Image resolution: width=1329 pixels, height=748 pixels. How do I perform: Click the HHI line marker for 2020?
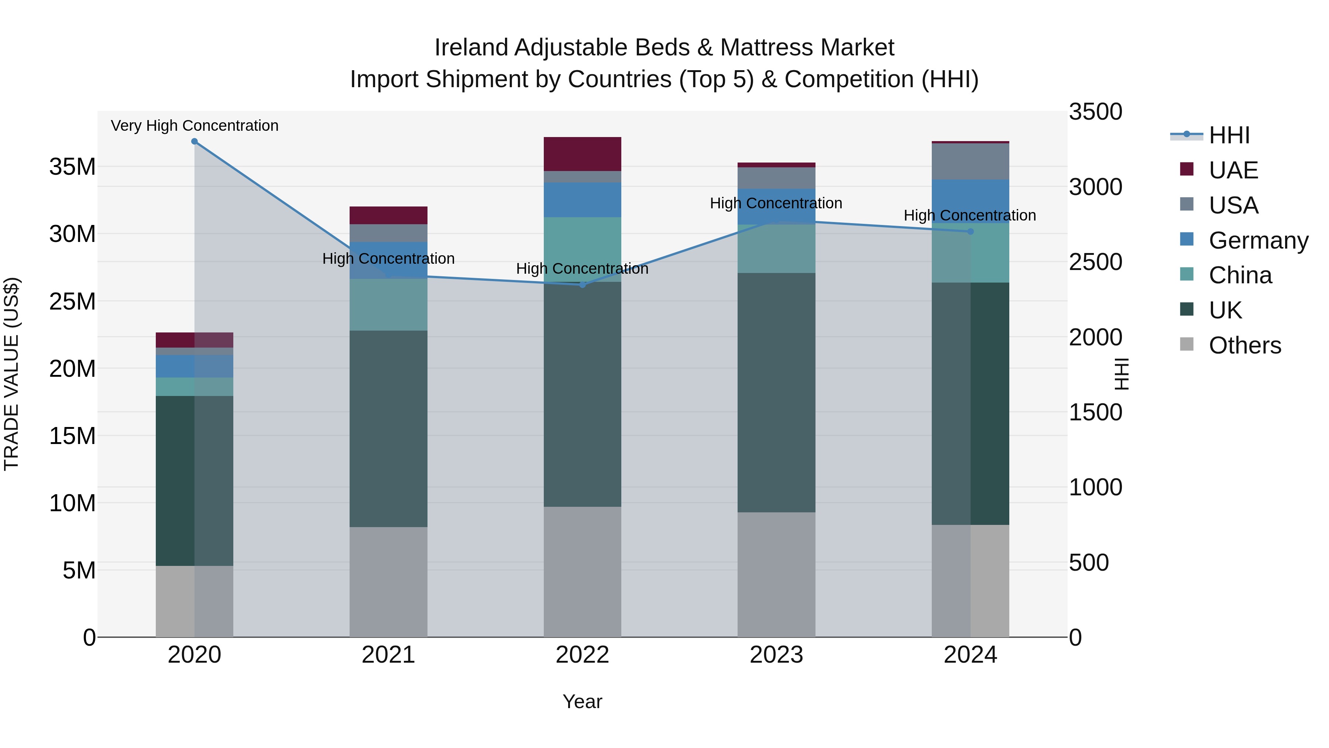pyautogui.click(x=195, y=141)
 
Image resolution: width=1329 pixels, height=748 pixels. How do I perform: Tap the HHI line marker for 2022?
pyautogui.click(x=583, y=285)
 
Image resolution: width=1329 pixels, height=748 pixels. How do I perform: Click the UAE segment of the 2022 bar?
pyautogui.click(x=583, y=154)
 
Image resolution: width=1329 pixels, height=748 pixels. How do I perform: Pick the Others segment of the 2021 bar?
pyautogui.click(x=388, y=582)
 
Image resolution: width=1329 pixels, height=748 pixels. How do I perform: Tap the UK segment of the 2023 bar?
pyautogui.click(x=776, y=392)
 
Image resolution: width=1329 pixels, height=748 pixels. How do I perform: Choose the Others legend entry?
pyautogui.click(x=1244, y=345)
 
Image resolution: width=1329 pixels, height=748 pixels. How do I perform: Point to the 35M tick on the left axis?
pyautogui.click(x=72, y=167)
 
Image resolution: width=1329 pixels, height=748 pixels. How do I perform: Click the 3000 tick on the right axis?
pyautogui.click(x=1095, y=187)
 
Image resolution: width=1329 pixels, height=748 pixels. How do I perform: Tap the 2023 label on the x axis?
pyautogui.click(x=776, y=655)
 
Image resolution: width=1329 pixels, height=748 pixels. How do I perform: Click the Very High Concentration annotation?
pyautogui.click(x=195, y=126)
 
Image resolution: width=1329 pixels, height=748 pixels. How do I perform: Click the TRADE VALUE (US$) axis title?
pyautogui.click(x=11, y=374)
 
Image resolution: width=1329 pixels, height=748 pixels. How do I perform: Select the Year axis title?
pyautogui.click(x=583, y=701)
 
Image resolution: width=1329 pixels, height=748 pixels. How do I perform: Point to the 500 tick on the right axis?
pyautogui.click(x=1089, y=563)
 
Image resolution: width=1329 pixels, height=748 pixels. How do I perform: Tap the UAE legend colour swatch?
pyautogui.click(x=1187, y=169)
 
